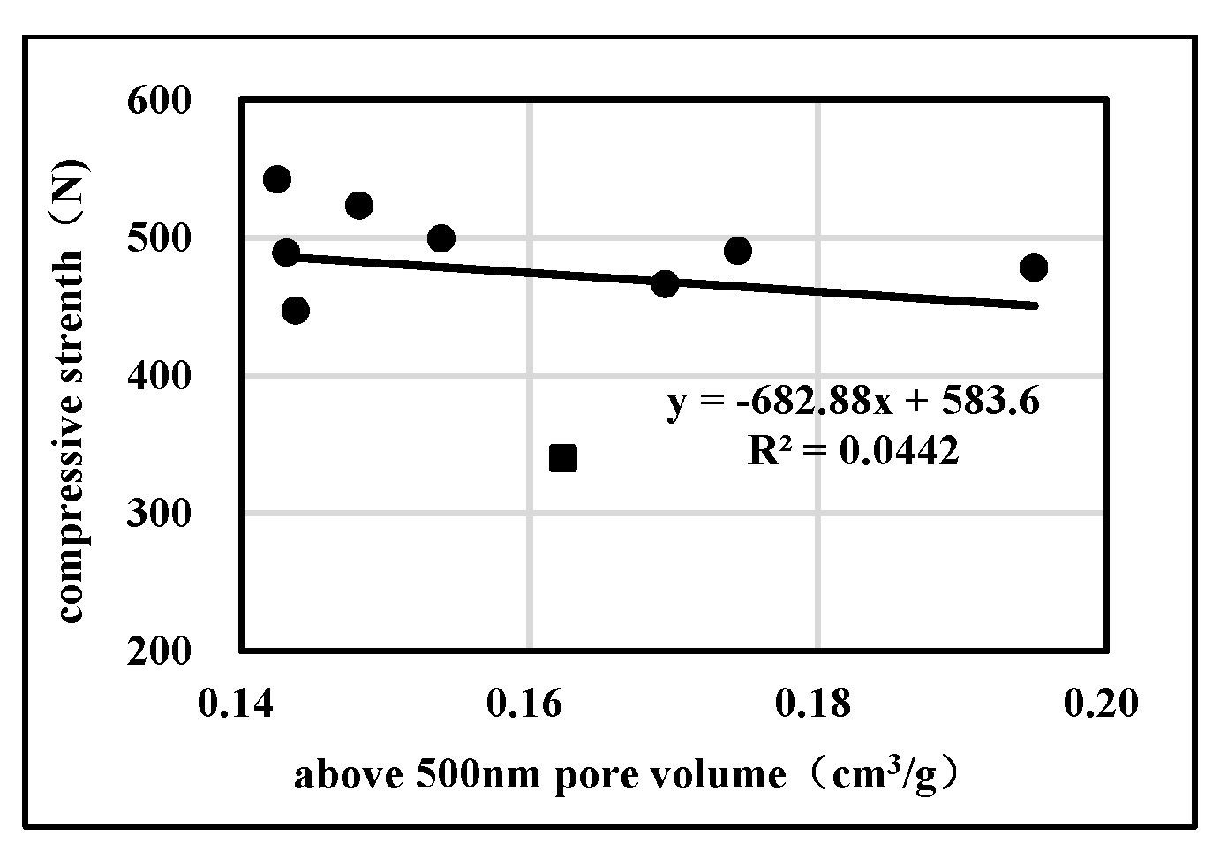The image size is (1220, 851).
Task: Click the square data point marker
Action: pos(562,458)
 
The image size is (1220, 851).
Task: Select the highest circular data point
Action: pos(277,179)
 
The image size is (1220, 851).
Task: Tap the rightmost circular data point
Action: pos(1034,267)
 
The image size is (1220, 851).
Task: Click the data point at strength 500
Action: pos(441,238)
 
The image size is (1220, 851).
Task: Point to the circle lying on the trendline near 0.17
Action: pos(665,284)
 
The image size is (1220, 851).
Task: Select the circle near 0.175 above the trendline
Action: pos(737,251)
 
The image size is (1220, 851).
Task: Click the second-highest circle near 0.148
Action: pos(358,206)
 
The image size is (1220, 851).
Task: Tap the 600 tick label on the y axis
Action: pos(159,101)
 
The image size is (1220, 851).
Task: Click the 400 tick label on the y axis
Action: pos(159,376)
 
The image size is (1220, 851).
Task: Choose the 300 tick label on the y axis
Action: pos(159,514)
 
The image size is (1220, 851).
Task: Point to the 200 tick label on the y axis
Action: pos(159,651)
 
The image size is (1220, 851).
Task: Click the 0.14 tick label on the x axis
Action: pos(238,704)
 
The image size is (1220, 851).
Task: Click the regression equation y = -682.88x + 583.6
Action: pos(853,403)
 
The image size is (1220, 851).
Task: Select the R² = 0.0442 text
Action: pos(853,451)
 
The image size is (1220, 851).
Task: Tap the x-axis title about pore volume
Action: pos(627,774)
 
